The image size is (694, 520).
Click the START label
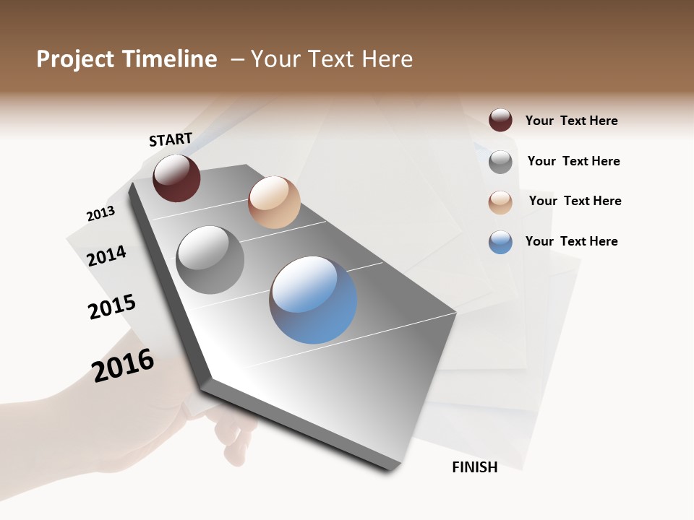pos(171,139)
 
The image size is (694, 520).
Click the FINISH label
pos(474,467)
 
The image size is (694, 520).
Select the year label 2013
pos(100,214)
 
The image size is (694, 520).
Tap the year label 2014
pos(106,256)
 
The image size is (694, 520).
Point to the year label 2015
pos(112,307)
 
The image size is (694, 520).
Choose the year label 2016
pos(123,365)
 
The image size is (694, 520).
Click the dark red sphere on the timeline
pos(176,178)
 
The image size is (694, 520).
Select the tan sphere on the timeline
pos(274,202)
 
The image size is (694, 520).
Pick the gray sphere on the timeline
pos(210,259)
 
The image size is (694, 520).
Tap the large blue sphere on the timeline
pos(313,300)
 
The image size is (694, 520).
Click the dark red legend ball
pos(500,120)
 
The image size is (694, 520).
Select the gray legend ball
pos(500,162)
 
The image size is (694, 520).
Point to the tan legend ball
pos(500,202)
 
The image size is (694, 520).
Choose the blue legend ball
pos(500,242)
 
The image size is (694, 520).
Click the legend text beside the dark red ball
pos(571,121)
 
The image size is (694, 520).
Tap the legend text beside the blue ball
pos(571,241)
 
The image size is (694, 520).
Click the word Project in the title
pos(74,59)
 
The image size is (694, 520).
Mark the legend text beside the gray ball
pos(573,161)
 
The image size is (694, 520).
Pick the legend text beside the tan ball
pos(575,201)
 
